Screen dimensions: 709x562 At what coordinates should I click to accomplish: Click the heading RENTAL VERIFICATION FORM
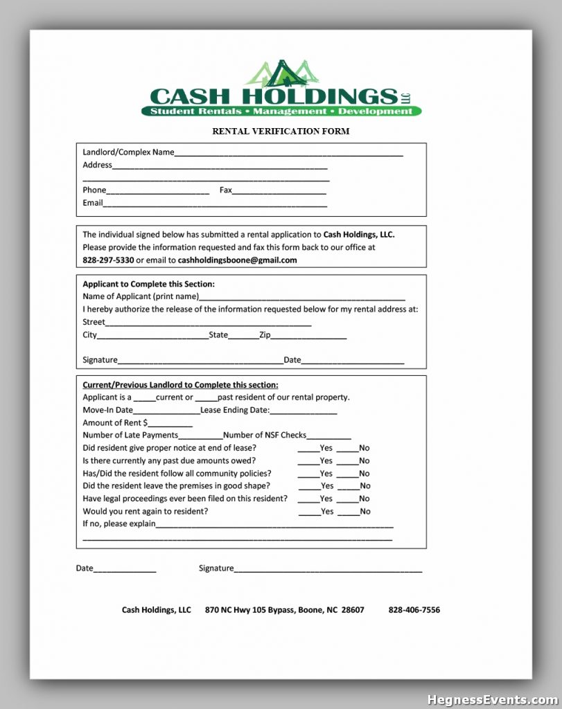click(281, 131)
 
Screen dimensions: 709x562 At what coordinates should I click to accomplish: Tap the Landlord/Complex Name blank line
click(288, 154)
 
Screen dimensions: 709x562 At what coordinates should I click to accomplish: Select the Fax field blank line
click(279, 192)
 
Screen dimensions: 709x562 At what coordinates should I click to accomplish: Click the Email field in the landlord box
click(215, 206)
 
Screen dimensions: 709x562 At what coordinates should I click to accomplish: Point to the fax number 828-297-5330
click(108, 260)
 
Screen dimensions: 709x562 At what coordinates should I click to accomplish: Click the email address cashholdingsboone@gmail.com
click(237, 260)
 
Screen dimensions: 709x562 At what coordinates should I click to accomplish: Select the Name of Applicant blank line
click(302, 298)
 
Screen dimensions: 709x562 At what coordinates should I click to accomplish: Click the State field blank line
click(243, 338)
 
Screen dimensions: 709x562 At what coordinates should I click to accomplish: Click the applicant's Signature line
click(200, 362)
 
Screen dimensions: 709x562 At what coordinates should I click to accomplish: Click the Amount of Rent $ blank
click(170, 425)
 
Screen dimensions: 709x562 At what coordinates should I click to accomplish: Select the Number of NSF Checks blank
click(328, 438)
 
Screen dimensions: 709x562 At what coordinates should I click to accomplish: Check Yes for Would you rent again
click(309, 514)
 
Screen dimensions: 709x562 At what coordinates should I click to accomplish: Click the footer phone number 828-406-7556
click(414, 610)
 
